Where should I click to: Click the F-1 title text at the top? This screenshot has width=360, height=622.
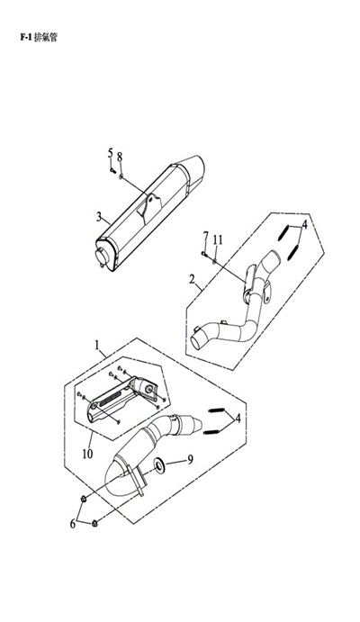[39, 37]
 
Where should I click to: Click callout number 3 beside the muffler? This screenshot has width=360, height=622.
[99, 217]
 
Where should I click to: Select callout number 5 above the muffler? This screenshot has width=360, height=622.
[110, 154]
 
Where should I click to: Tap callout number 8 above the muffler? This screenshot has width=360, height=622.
[120, 157]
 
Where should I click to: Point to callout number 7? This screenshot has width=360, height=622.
[205, 237]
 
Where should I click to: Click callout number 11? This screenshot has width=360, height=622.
[217, 240]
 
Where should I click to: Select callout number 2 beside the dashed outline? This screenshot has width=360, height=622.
[193, 280]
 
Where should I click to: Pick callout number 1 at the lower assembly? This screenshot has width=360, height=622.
[96, 345]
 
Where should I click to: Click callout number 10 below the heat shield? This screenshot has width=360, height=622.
[87, 454]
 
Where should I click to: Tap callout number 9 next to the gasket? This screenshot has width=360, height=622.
[190, 459]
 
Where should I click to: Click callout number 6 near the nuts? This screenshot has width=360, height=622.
[73, 524]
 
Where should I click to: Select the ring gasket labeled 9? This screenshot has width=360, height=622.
[160, 464]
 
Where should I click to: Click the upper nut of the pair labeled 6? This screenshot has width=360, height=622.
[84, 499]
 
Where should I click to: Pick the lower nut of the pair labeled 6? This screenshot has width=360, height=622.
[94, 524]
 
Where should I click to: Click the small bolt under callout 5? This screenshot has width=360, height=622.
[112, 171]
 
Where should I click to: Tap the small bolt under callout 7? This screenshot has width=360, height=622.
[204, 254]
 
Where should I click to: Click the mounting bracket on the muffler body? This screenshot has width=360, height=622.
[149, 207]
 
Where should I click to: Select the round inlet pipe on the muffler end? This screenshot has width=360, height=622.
[103, 257]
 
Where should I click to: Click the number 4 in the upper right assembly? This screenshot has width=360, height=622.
[304, 225]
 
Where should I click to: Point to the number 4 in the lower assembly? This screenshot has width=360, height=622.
[238, 418]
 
